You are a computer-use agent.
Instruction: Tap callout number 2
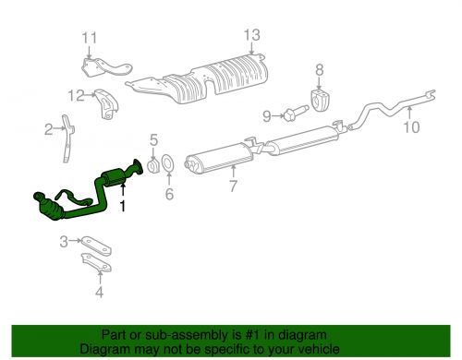(x=48, y=130)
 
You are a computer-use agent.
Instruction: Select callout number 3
(x=64, y=242)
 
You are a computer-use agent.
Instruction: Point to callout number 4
(x=101, y=295)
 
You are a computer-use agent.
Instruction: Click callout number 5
(x=154, y=139)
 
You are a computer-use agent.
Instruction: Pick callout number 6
(x=169, y=194)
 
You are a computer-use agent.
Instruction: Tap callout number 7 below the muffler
(x=233, y=186)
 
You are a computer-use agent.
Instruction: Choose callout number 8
(x=321, y=69)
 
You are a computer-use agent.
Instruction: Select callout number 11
(x=89, y=37)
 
